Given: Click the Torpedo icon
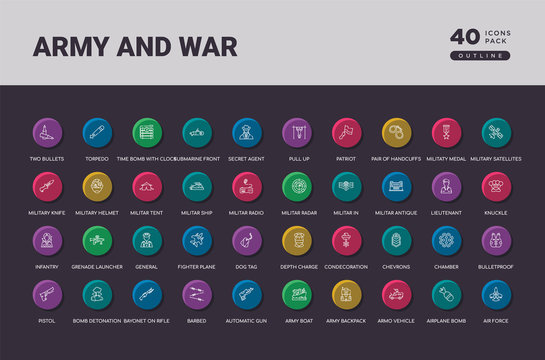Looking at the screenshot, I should [96, 132].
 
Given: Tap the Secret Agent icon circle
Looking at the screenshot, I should [246, 132].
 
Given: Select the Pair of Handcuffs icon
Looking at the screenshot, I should [396, 132].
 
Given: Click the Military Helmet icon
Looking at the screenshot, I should [96, 186].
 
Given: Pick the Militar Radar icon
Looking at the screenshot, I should [296, 186].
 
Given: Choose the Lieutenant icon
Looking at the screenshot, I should [446, 186].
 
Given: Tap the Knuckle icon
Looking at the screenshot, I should [496, 186].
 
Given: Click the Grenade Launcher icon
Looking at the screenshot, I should [96, 240].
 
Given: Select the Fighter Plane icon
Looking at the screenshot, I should [196, 240].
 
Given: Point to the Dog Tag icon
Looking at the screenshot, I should [246, 240].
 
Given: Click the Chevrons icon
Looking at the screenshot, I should [396, 240].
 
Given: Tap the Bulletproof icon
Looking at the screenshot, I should [496, 240].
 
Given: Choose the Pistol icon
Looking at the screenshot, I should [46, 294].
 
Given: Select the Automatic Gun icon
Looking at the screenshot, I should [246, 294].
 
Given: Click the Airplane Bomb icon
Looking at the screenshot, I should [446, 294].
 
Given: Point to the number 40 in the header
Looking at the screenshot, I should [464, 37].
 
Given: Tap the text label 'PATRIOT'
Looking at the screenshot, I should [346, 159].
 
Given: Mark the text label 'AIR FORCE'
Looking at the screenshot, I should [496, 321].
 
